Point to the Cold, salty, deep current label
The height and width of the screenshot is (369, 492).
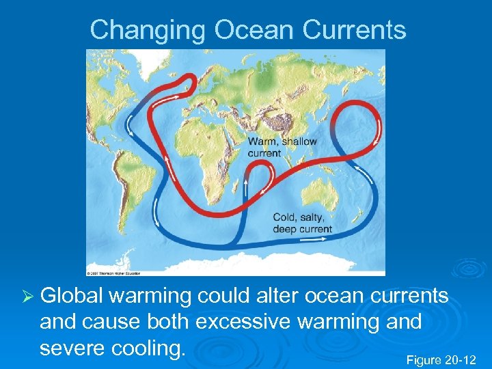301,223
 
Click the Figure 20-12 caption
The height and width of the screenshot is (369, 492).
441,359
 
